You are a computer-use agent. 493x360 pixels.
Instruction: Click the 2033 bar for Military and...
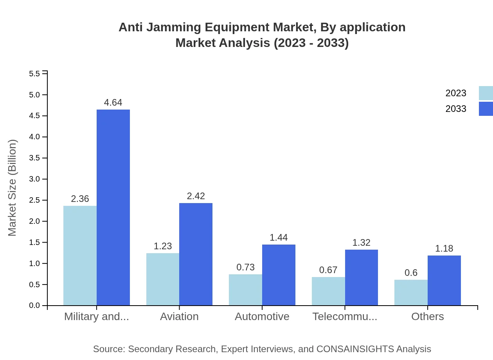pos(113,207)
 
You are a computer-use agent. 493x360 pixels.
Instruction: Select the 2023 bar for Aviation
pos(163,279)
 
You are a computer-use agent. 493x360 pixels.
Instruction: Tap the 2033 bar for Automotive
pos(279,275)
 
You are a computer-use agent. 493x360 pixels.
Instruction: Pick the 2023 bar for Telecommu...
pos(328,291)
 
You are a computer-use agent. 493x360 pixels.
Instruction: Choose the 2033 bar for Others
pos(444,280)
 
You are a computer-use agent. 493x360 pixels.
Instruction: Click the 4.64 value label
pos(113,103)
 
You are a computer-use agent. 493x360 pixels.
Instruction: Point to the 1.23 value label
pos(163,246)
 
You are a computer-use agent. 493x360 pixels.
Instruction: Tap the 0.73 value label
pos(245,267)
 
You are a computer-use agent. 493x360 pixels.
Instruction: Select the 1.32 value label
pos(361,243)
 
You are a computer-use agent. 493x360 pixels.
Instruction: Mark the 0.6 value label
pos(411,273)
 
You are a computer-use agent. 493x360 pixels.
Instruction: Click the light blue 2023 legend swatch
pos(486,93)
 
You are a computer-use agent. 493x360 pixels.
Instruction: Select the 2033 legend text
pos(456,109)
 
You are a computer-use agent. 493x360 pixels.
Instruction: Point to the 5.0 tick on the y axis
pos(34,95)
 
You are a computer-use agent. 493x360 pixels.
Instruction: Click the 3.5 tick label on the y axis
pos(34,158)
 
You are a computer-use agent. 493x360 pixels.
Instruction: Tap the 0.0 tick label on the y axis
pos(34,306)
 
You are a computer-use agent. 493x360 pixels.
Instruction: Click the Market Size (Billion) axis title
pos(13,188)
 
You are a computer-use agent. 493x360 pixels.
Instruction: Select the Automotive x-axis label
pos(262,316)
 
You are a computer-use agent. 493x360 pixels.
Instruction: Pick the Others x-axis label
pos(427,316)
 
